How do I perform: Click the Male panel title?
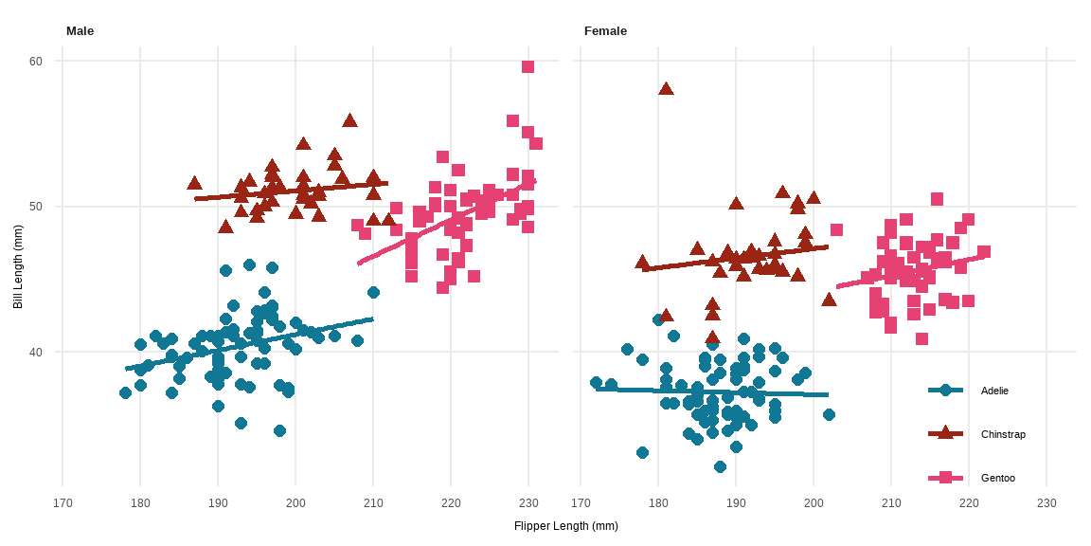[80, 31]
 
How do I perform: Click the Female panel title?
[605, 31]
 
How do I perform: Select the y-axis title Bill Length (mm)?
[18, 273]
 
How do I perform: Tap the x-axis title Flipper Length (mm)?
[565, 526]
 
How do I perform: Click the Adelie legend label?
[994, 391]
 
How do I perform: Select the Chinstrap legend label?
[1003, 434]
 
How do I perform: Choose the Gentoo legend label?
[998, 478]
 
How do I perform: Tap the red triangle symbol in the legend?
[945, 433]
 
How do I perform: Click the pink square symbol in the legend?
[945, 477]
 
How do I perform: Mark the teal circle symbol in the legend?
[945, 390]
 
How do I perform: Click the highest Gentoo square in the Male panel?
[528, 66]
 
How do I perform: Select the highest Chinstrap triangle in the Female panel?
[666, 89]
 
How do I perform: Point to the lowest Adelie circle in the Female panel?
[720, 466]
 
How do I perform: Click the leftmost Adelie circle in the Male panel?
[125, 392]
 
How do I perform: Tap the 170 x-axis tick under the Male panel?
[63, 502]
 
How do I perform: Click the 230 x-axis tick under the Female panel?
[1046, 502]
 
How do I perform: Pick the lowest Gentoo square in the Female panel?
[921, 338]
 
